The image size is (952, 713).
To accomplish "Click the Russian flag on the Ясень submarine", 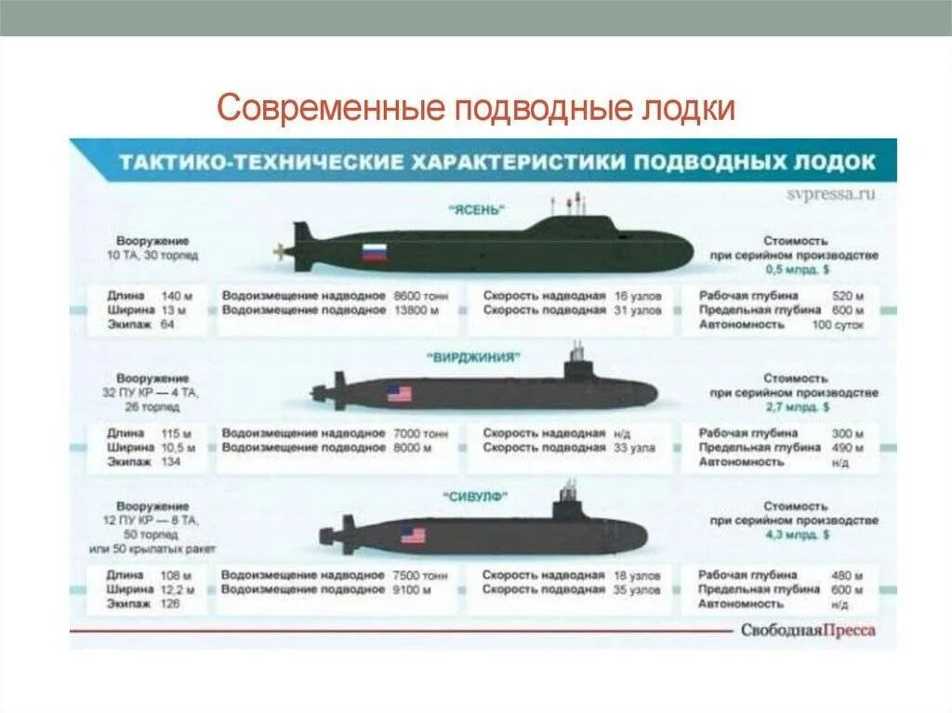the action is tap(375, 251).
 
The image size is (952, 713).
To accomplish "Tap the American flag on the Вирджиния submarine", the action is tap(399, 393).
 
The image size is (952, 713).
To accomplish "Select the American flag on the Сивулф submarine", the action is tap(413, 535).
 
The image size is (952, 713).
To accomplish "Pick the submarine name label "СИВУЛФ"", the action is tap(477, 497).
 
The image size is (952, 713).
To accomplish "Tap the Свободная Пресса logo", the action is tap(807, 630).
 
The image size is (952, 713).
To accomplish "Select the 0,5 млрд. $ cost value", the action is tap(797, 268).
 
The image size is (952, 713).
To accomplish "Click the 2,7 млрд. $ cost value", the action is tap(797, 407).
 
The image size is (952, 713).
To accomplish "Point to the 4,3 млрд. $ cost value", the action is tap(797, 535).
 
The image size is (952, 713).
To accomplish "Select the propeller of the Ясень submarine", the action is tap(279, 251).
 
